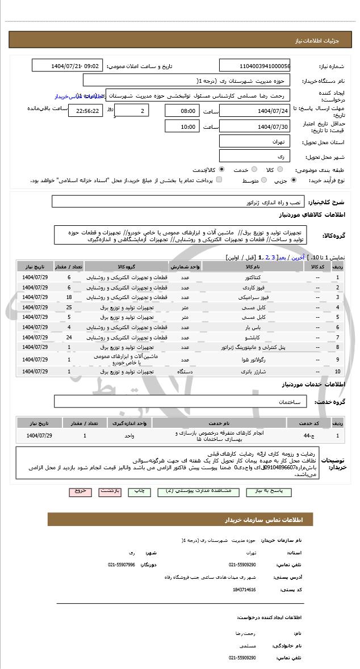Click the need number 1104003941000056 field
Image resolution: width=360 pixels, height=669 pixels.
(x=254, y=66)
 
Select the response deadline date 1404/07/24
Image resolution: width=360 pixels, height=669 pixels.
(x=254, y=111)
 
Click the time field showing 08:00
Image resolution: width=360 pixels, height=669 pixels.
(x=182, y=111)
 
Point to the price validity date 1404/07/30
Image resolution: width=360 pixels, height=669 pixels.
(x=254, y=126)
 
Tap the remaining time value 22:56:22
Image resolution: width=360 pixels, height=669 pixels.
(x=85, y=111)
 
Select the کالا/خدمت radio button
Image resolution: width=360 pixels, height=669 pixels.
(x=221, y=169)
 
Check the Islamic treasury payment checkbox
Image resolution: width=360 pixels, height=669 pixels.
(x=219, y=180)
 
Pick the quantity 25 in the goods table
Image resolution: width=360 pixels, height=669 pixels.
(x=69, y=307)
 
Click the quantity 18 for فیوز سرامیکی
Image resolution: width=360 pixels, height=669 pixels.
(x=69, y=297)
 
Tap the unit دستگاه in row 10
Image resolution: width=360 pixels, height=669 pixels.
(x=185, y=371)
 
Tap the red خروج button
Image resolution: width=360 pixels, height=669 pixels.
(x=80, y=491)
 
